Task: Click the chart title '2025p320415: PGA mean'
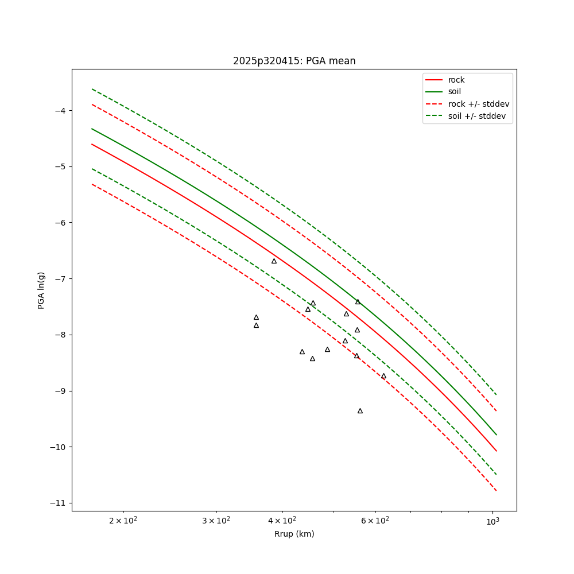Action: tap(294, 61)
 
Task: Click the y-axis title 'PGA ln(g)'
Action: tap(41, 290)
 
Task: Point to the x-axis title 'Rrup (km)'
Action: tap(294, 534)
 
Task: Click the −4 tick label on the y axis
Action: tap(60, 111)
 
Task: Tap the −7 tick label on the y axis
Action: tap(60, 279)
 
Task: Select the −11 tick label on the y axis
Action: tap(58, 503)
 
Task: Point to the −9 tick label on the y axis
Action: tap(60, 391)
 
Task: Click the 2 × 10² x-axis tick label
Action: tap(123, 520)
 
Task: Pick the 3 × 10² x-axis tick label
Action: tap(216, 520)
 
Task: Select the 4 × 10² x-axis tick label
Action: tap(282, 520)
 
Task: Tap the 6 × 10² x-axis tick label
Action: tap(375, 520)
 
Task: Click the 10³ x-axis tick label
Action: tap(492, 521)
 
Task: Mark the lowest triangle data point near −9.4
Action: tap(360, 411)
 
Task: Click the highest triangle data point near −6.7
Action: tap(274, 261)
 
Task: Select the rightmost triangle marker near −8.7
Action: tap(383, 376)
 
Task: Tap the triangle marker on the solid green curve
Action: tap(358, 302)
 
